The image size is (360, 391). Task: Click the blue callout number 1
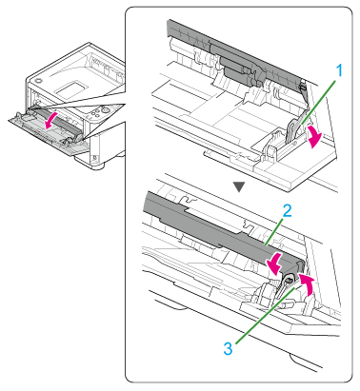[x=339, y=70]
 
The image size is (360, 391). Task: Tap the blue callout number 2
[x=287, y=211]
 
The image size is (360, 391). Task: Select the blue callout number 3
[x=228, y=349]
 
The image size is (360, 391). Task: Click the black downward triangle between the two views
[x=239, y=186]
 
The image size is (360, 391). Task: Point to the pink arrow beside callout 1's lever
[x=314, y=136]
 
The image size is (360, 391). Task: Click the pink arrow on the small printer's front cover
[x=50, y=120]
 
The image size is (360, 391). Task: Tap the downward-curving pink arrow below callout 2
[x=274, y=263]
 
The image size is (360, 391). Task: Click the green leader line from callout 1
[x=317, y=101]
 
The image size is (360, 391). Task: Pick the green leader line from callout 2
[x=272, y=231]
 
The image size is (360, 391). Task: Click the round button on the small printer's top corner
[x=38, y=80]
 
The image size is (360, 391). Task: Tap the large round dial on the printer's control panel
[x=105, y=110]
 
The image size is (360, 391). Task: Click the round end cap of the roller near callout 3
[x=290, y=280]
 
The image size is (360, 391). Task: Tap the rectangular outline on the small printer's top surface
[x=71, y=88]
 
